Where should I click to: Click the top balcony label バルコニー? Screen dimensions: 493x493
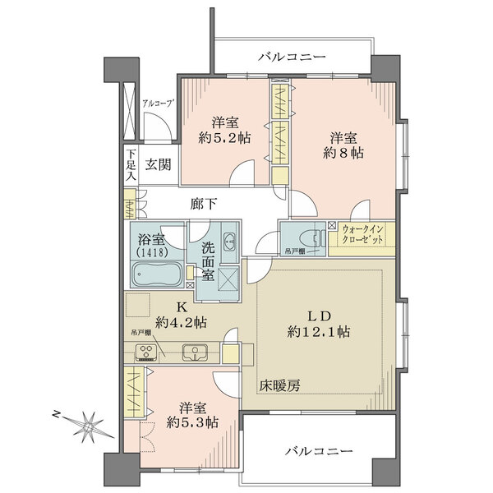tap(292, 57)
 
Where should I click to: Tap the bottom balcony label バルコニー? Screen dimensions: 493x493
tap(320, 452)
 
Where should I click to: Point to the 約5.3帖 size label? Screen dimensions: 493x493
tap(191, 422)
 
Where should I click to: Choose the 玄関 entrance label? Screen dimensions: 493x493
tap(159, 164)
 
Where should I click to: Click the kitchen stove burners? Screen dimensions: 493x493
tap(148, 353)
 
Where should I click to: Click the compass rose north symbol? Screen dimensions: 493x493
tap(89, 426)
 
